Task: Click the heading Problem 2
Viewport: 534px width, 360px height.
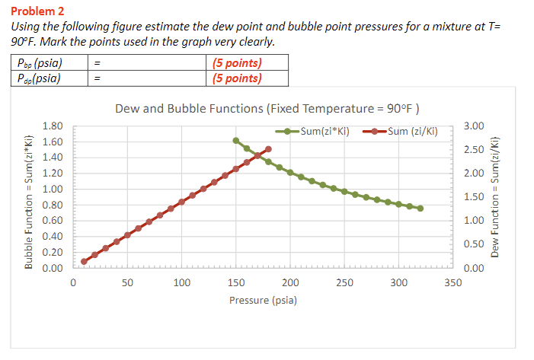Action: pos(37,11)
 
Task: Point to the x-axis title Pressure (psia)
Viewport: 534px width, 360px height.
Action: pos(263,300)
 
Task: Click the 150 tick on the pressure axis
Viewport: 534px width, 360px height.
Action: pos(236,283)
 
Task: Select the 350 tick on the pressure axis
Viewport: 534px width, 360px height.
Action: pos(452,283)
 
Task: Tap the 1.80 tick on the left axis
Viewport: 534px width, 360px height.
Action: pos(53,126)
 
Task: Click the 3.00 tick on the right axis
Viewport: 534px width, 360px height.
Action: pos(473,126)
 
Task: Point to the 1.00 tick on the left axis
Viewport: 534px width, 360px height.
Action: pos(53,190)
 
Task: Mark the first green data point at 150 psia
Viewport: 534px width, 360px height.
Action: pos(236,141)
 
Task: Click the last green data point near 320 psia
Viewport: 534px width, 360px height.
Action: pos(420,208)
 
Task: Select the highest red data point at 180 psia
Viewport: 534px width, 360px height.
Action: pos(268,149)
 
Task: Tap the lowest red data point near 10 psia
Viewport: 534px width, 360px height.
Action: pos(85,261)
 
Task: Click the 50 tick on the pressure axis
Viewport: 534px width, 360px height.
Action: pos(127,283)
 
